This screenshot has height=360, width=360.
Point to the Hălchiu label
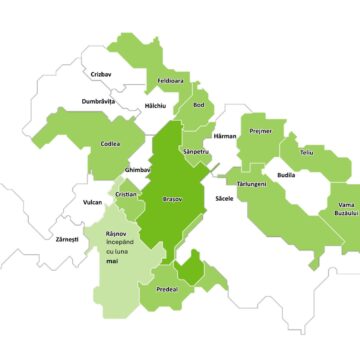coord(155,105)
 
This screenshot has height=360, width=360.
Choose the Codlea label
coord(110,144)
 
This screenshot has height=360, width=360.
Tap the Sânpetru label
coord(197,151)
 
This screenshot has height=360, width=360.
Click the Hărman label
coord(225,135)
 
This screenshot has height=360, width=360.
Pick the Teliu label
coord(306,153)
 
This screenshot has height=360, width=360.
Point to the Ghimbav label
coord(140,170)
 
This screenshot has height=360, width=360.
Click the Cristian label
coord(126,194)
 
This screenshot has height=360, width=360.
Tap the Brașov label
coord(172,200)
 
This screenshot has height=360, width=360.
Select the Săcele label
coord(224,199)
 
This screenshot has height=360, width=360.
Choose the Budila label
coord(286,175)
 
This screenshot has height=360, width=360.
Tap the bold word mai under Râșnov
coord(125,266)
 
